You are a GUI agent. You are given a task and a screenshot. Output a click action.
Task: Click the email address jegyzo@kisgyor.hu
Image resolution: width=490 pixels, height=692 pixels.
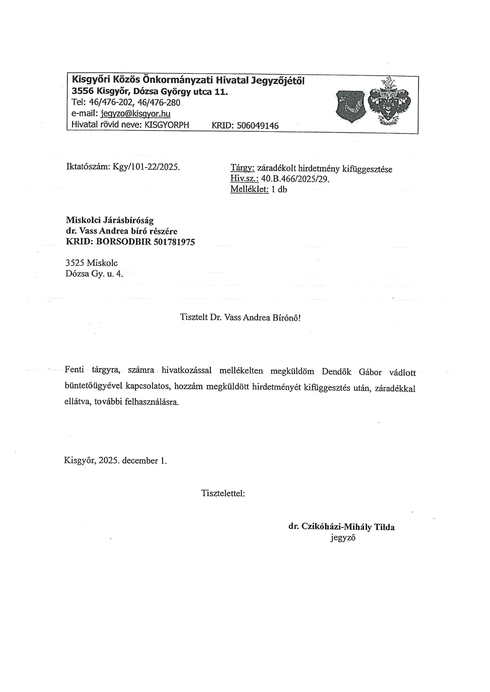click(136, 114)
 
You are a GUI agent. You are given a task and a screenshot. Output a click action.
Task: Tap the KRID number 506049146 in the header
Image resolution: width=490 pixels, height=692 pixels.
click(257, 125)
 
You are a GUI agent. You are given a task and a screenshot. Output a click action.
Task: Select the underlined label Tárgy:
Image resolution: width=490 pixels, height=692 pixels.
click(242, 168)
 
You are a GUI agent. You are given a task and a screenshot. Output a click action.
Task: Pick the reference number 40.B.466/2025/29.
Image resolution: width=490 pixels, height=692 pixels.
click(295, 179)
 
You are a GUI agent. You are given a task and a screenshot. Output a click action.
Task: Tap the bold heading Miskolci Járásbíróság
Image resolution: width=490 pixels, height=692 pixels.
click(109, 220)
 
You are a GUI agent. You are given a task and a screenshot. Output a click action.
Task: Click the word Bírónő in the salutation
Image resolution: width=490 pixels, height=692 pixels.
click(286, 318)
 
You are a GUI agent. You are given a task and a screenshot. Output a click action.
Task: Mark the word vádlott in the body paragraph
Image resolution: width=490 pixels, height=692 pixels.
click(402, 373)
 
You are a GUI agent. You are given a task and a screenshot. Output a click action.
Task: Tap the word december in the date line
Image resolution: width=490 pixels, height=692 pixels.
click(140, 461)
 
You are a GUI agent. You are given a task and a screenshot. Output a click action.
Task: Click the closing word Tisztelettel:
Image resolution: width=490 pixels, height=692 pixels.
click(223, 493)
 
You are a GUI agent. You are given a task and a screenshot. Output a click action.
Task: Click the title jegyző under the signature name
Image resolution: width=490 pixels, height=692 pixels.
click(343, 537)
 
